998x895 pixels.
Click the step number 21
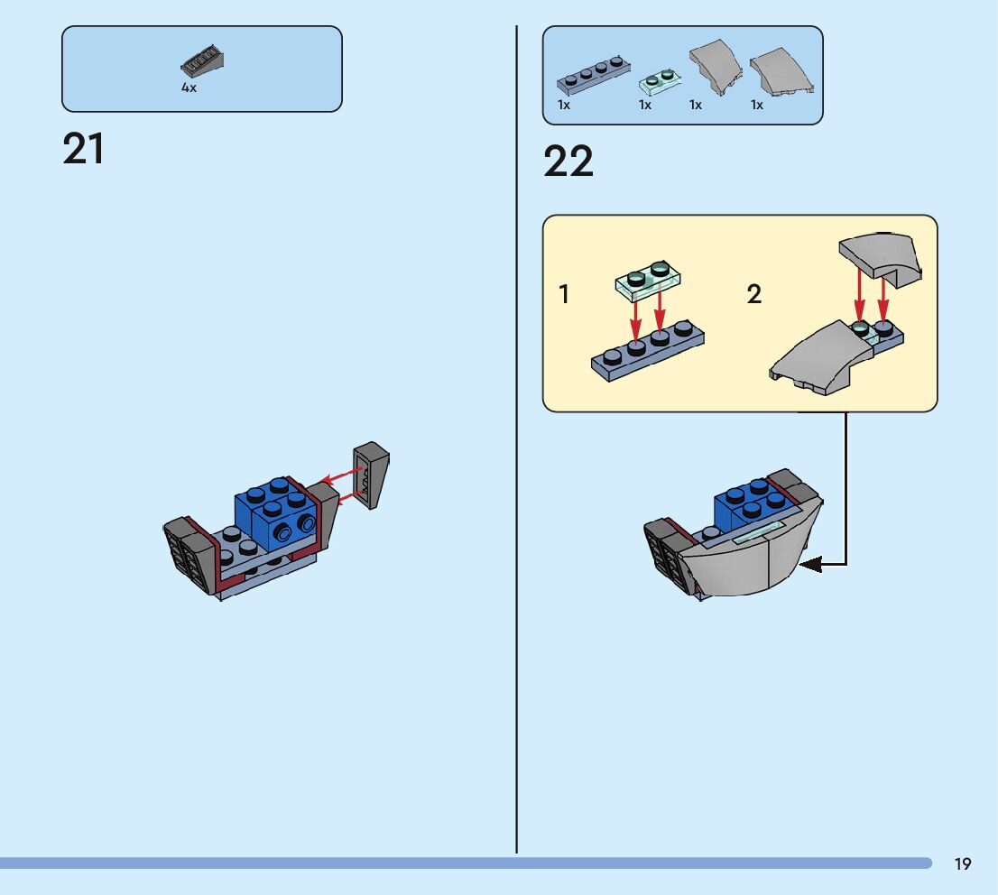(x=83, y=150)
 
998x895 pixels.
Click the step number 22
(x=568, y=162)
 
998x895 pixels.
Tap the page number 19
(x=963, y=864)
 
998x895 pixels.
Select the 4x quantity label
(x=189, y=88)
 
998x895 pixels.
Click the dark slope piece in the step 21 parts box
(x=202, y=63)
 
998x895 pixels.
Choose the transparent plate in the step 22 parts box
(x=659, y=82)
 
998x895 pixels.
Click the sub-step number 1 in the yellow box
(x=564, y=294)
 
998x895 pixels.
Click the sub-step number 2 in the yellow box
(x=754, y=294)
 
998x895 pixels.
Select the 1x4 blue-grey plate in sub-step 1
(x=647, y=348)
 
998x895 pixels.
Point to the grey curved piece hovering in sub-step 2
(x=881, y=255)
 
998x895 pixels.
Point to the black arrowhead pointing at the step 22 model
(x=809, y=565)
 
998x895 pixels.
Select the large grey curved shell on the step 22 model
(x=749, y=564)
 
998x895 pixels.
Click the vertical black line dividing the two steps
(x=516, y=451)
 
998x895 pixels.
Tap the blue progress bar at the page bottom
(x=451, y=863)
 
